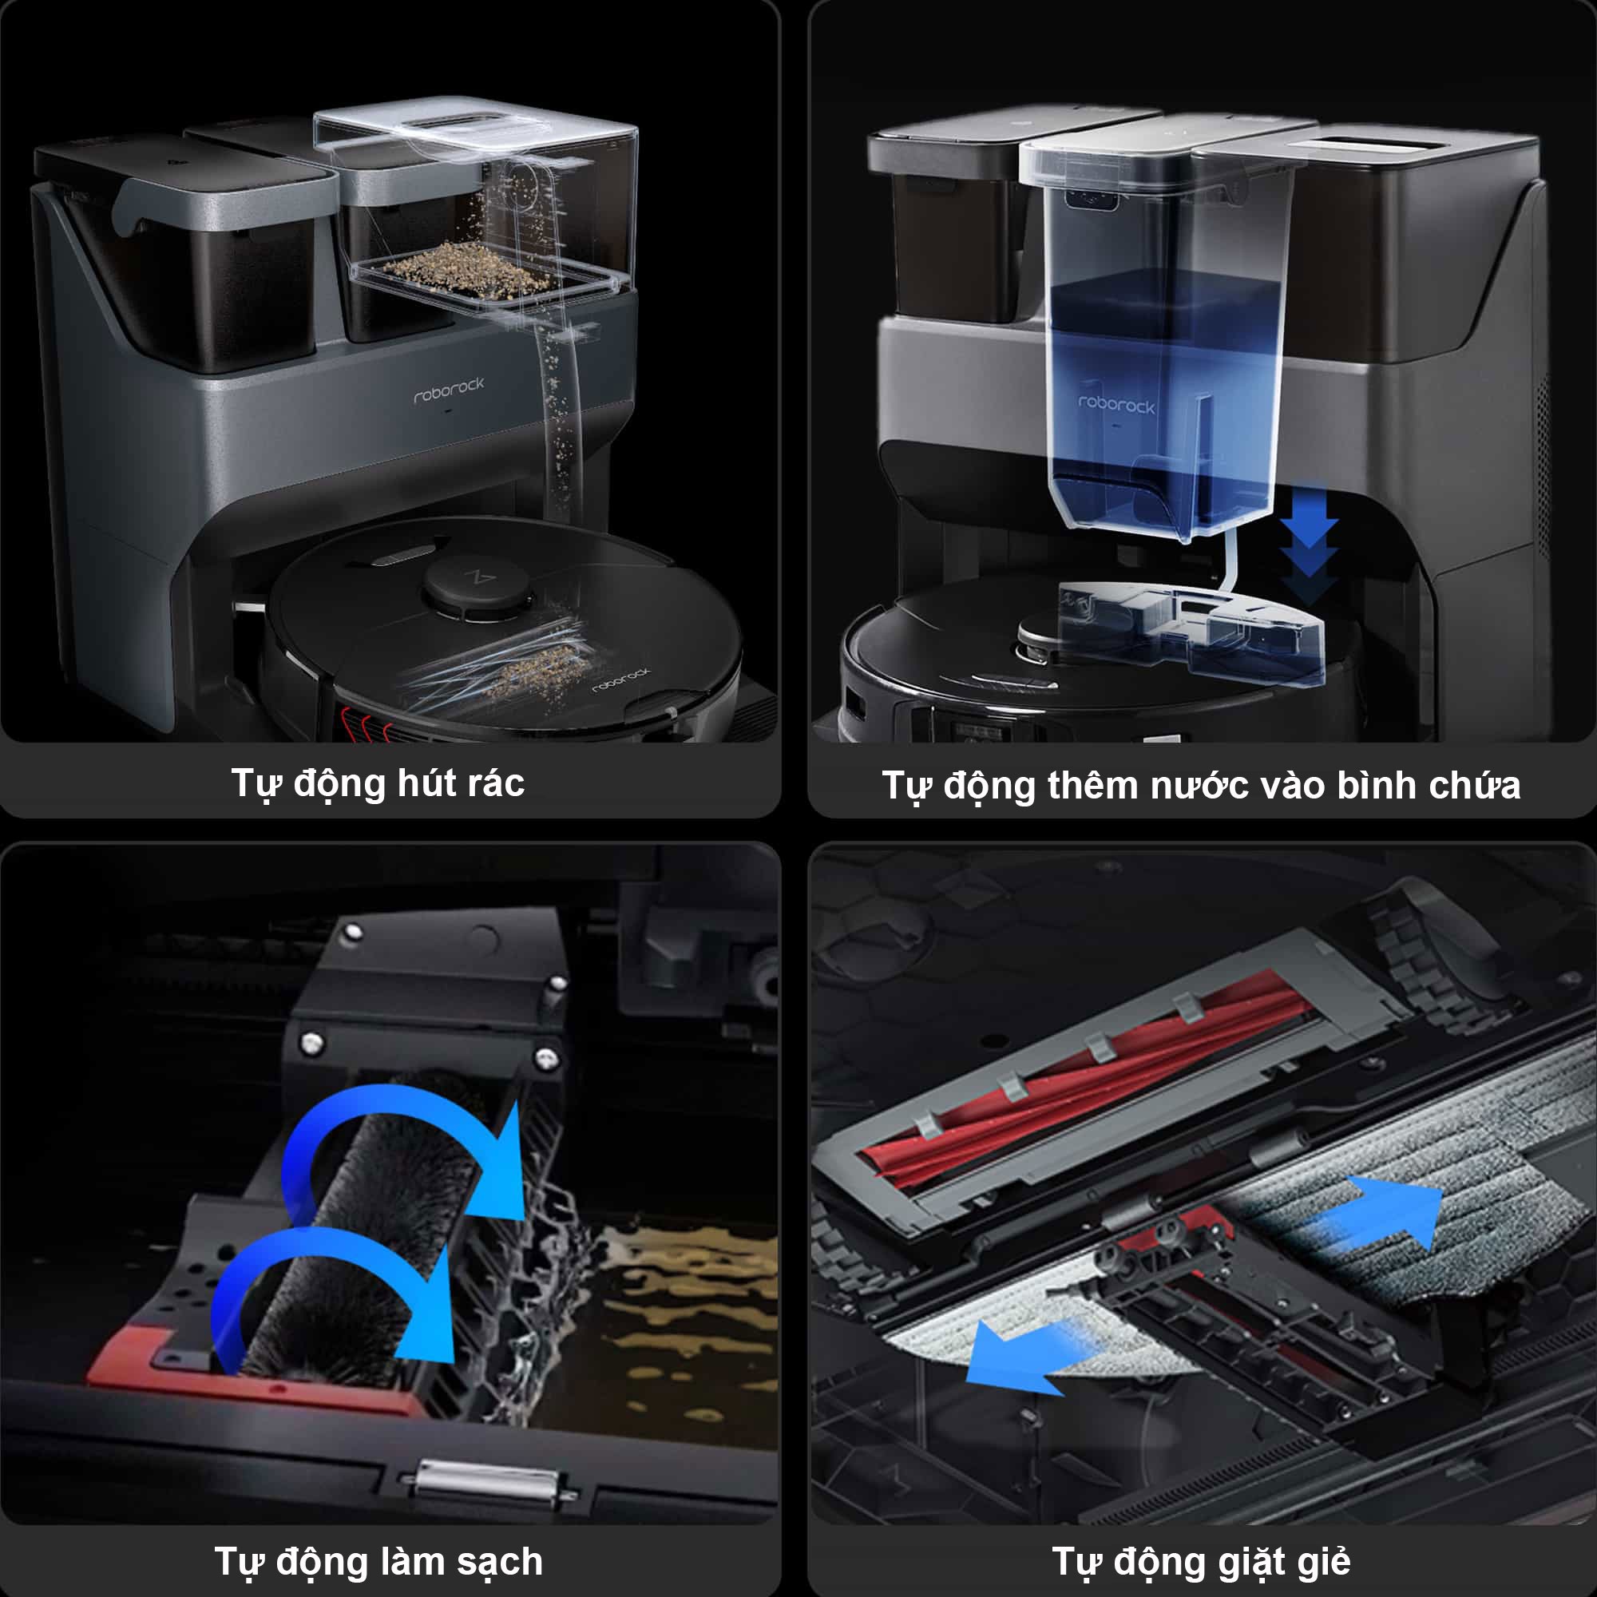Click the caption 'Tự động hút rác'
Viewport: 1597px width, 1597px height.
pos(378,783)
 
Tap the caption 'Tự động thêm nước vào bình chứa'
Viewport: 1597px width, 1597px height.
pos(1201,785)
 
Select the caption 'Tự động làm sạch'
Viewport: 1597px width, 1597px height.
pos(378,1561)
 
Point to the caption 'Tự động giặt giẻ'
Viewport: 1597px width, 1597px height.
pos(1201,1561)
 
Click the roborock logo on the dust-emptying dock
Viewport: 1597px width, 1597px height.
pos(449,390)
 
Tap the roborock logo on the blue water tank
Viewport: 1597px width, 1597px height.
pos(1116,403)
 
